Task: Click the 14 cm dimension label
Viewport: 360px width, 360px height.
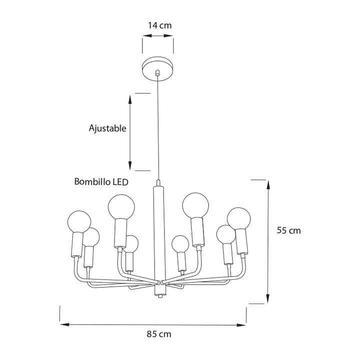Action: coord(160,25)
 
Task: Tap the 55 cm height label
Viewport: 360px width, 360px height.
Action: coord(288,230)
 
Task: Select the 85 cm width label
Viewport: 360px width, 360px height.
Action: coord(159,334)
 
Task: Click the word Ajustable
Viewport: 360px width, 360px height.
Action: coord(107,128)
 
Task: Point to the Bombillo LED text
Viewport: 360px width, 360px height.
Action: coord(101,182)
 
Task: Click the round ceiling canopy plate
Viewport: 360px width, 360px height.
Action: coord(157,68)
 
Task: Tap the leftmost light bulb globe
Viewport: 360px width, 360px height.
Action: coord(79,222)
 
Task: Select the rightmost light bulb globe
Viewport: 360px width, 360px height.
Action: coord(239,219)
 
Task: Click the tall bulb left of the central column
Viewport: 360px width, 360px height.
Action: coord(121,207)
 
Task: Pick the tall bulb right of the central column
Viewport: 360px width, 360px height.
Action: coord(195,205)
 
